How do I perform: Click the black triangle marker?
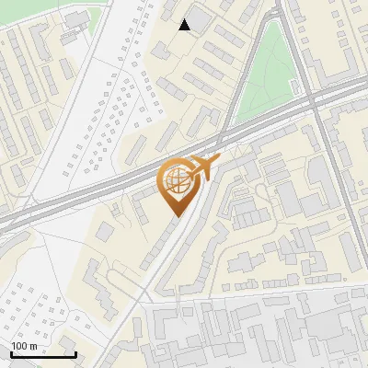tap(185, 25)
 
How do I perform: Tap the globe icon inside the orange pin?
tap(177, 182)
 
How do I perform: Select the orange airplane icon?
tap(205, 167)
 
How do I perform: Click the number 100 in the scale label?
tap(19, 345)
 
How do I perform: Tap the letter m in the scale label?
tap(32, 345)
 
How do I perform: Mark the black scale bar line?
tap(42, 354)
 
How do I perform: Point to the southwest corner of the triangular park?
tap(237, 121)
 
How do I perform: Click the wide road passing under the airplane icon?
tap(212, 147)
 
